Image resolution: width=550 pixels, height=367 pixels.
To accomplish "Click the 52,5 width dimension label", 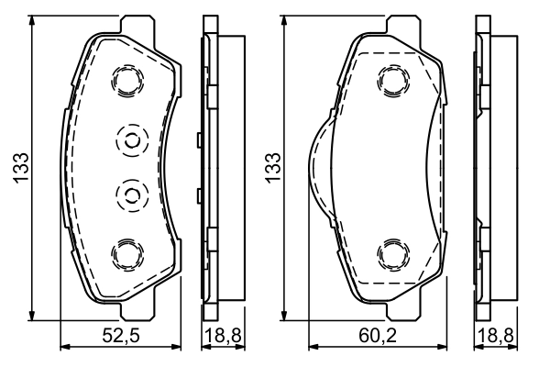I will pyautogui.click(x=121, y=337).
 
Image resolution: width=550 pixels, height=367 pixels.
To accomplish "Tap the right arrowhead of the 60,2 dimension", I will pyautogui.click(x=452, y=347).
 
